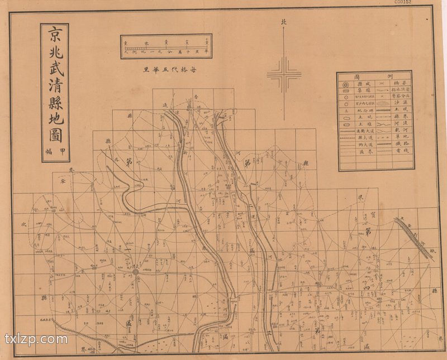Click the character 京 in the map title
55,35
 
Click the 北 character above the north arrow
284,23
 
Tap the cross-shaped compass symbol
284,75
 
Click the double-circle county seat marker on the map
135,272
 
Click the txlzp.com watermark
36,339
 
